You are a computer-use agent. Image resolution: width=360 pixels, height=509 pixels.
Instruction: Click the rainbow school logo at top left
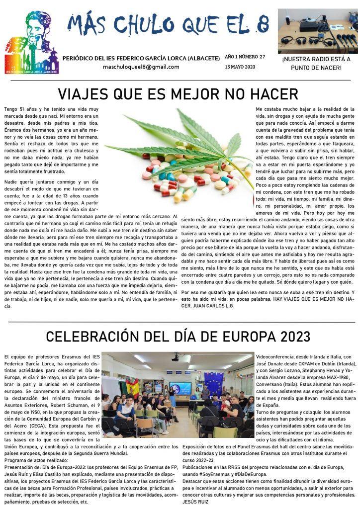tap(31, 43)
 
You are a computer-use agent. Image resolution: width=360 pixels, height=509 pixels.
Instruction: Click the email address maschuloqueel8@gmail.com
tap(141, 67)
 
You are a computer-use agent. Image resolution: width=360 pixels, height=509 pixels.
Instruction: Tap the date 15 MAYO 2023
tap(240, 67)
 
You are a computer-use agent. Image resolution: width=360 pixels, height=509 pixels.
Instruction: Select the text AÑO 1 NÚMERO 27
tap(245, 57)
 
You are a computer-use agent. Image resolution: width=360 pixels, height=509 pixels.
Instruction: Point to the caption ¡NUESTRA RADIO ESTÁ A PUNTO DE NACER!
tap(316, 63)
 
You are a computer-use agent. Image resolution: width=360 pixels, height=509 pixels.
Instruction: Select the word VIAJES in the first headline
tap(85, 94)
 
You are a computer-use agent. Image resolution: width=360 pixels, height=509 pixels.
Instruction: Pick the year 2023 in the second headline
tap(294, 337)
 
